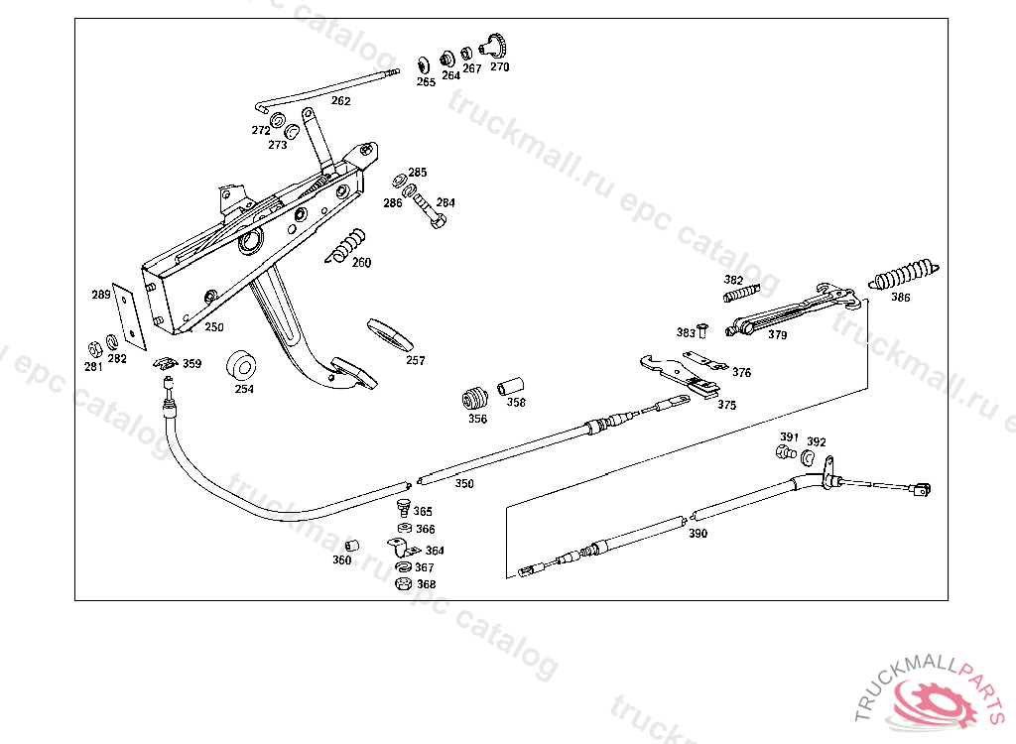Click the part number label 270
[499, 67]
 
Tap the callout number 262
[340, 101]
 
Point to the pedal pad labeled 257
[388, 334]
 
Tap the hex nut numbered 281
[92, 348]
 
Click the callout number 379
[777, 335]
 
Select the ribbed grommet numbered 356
[477, 399]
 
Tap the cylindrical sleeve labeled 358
[512, 384]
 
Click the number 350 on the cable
[464, 484]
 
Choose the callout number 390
[698, 534]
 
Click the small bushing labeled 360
[351, 546]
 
